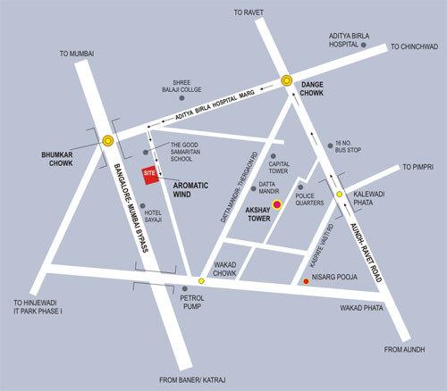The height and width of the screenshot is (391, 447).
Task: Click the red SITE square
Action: (151, 175)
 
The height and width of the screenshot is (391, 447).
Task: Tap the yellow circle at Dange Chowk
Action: (287, 80)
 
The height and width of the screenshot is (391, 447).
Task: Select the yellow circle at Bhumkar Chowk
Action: (107, 140)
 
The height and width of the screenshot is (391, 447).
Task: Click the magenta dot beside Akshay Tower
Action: (276, 205)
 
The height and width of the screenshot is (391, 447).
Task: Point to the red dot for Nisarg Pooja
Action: (307, 282)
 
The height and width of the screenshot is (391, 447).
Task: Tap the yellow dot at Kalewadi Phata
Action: (339, 194)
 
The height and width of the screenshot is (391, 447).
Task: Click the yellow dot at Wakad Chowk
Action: (201, 281)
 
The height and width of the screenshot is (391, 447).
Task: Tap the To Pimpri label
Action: (418, 167)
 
